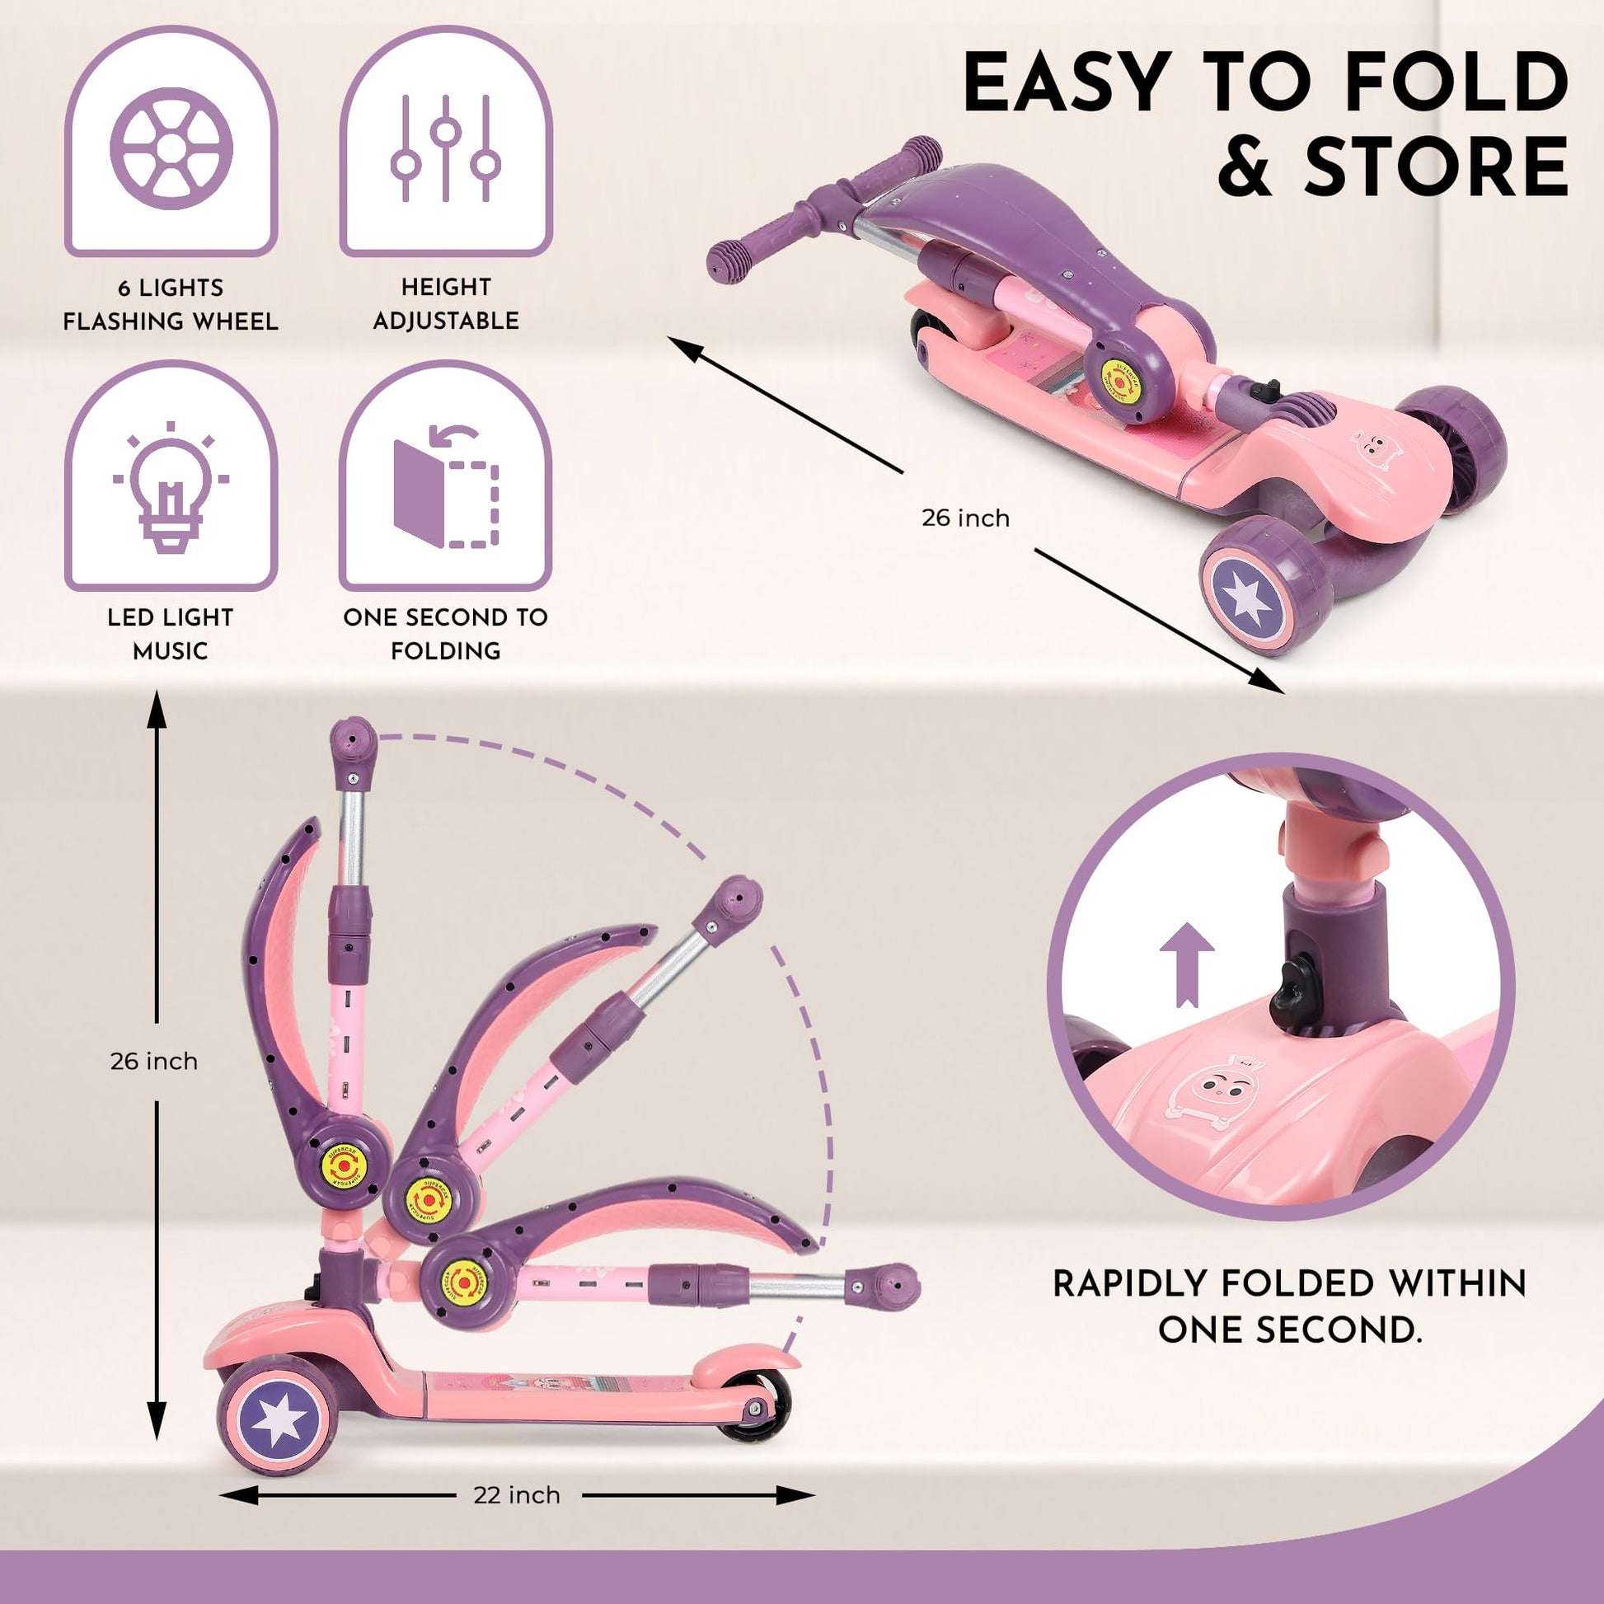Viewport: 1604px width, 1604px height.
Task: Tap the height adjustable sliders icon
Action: pos(446,148)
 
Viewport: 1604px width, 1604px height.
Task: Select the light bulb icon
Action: pos(171,485)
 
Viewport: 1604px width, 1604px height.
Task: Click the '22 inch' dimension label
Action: pos(517,1494)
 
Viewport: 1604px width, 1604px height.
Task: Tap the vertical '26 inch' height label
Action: pos(154,1061)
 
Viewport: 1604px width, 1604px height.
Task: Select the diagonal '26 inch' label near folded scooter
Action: pos(965,518)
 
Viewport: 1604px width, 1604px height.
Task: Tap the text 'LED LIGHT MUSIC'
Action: pos(170,634)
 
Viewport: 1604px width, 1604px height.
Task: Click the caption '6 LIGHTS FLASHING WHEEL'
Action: pos(170,304)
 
